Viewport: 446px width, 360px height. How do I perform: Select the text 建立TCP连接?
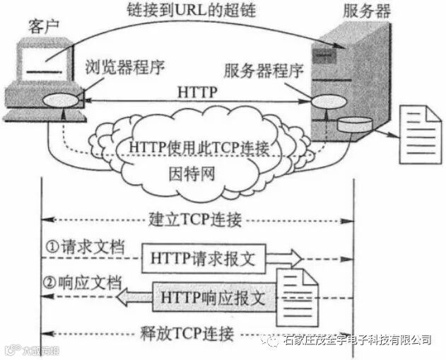[196, 219]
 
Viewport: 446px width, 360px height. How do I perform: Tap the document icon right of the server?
[416, 132]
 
